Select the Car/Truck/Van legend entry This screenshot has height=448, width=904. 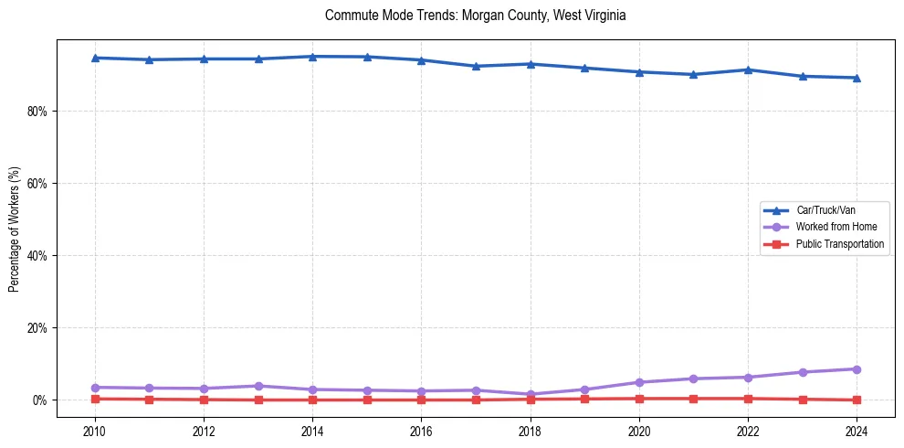pyautogui.click(x=825, y=210)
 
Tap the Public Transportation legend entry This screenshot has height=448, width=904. pyautogui.click(x=839, y=244)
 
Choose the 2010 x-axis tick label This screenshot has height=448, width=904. pyautogui.click(x=94, y=431)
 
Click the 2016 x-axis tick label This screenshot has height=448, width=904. pyautogui.click(x=421, y=431)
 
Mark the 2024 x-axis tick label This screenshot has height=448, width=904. pyautogui.click(x=857, y=431)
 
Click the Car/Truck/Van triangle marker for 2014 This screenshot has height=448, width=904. pyautogui.click(x=312, y=57)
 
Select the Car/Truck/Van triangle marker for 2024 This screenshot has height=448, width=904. pyautogui.click(x=857, y=78)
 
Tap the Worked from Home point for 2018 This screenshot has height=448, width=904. pyautogui.click(x=531, y=394)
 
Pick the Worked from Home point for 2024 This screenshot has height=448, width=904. pyautogui.click(x=857, y=369)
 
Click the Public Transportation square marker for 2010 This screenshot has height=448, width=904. pyautogui.click(x=94, y=399)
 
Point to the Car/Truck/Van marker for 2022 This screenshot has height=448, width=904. pyautogui.click(x=748, y=69)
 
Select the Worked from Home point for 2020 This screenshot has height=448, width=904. pyautogui.click(x=639, y=382)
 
